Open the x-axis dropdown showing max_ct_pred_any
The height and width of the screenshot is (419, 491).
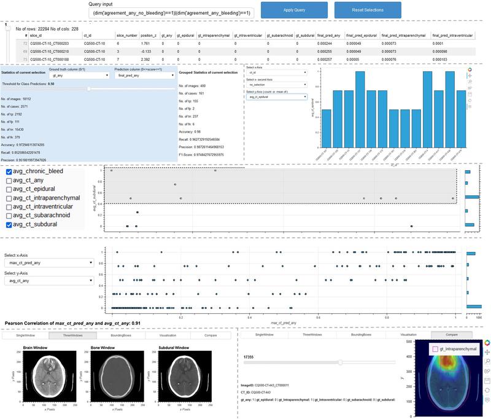point(48,262)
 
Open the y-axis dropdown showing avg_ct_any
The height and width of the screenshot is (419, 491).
point(48,281)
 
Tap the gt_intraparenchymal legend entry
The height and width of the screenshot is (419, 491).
point(454,348)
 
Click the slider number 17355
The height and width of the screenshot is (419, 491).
point(249,356)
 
